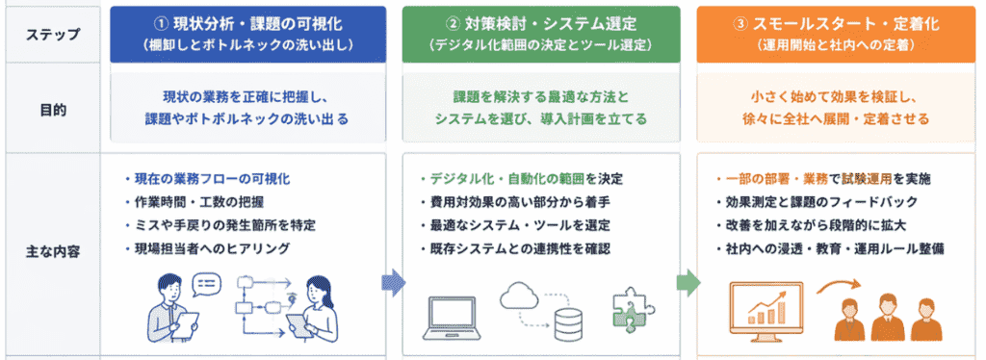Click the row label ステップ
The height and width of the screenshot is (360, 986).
tap(52, 35)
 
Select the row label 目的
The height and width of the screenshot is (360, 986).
tap(52, 110)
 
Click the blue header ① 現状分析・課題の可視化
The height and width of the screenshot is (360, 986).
tap(247, 25)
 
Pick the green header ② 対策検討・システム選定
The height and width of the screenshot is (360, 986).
tap(541, 25)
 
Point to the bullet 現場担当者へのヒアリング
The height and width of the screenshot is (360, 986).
tap(208, 248)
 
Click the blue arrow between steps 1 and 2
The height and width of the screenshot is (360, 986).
tap(394, 283)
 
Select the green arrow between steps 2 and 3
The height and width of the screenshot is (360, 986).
tap(688, 282)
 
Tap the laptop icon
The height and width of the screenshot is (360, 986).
tap(451, 319)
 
